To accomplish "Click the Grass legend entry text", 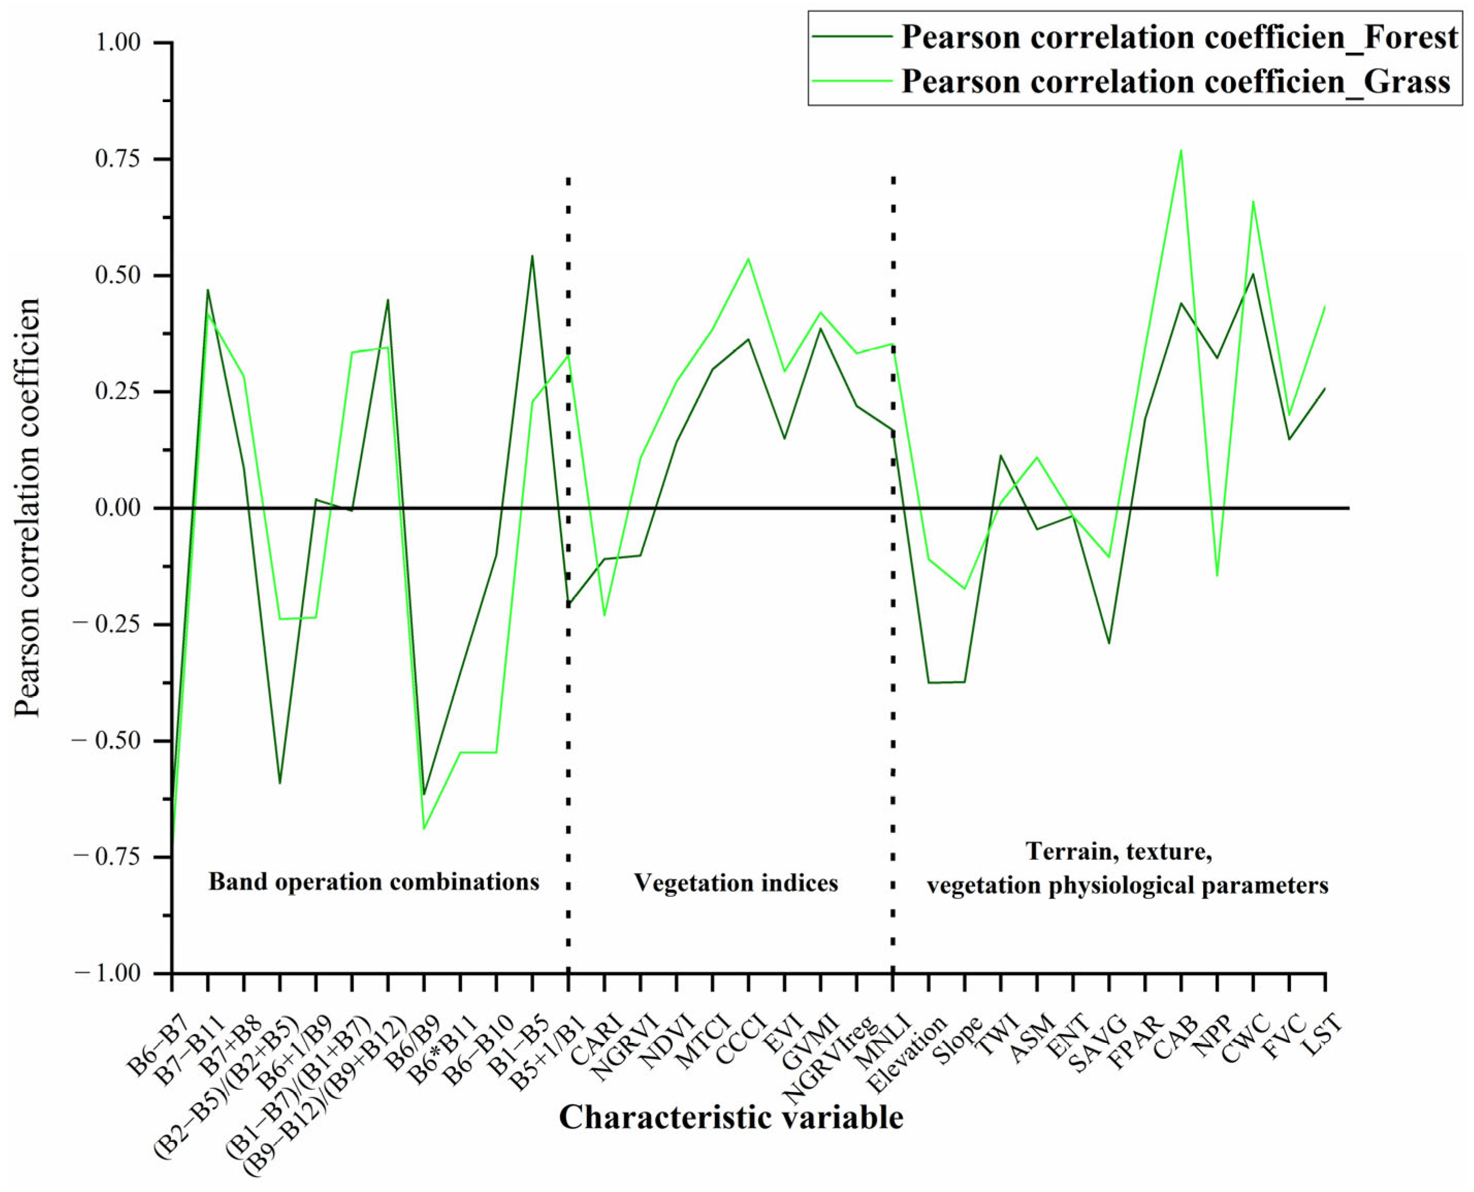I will coord(1175,81).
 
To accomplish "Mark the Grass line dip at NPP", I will coord(1217,576).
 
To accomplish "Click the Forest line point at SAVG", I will coord(1109,643).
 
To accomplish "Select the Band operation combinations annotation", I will coord(373,881).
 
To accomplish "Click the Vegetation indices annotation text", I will coord(735,883).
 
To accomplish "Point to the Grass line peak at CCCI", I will coord(748,258).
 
